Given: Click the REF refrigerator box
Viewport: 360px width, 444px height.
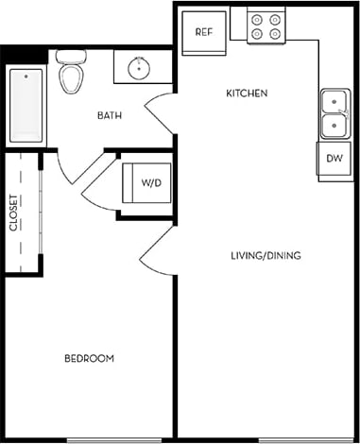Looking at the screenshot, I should click(204, 31).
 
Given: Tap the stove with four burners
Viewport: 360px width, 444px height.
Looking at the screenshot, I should click(267, 26).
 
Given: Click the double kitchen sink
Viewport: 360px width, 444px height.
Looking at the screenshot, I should click(334, 112).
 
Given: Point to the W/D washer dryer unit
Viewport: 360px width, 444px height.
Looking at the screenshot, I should click(147, 182).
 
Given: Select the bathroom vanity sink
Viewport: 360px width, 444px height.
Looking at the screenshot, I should click(140, 67).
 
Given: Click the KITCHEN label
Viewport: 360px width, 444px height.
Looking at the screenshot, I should click(248, 94).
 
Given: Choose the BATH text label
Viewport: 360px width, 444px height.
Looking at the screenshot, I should click(110, 116).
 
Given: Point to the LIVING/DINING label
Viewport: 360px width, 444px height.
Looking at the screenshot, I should click(266, 256).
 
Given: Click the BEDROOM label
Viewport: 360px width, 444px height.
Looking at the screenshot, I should click(90, 359).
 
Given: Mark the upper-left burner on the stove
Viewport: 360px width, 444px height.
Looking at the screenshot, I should click(258, 17).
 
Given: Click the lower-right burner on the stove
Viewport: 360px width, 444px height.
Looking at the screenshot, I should click(277, 35).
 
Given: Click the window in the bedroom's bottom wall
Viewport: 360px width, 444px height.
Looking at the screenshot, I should click(104, 440).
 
